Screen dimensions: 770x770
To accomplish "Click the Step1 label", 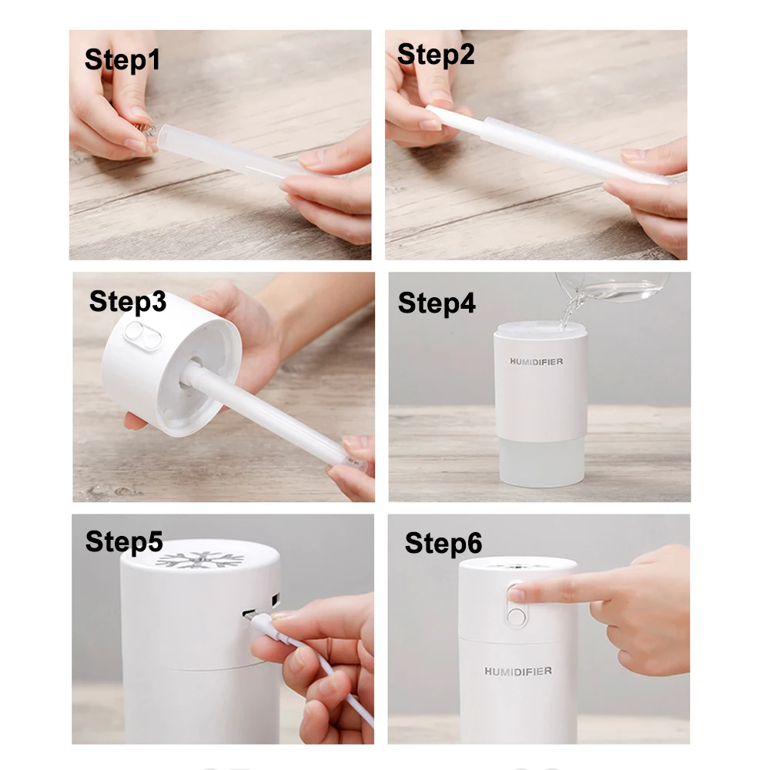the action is point(122,60).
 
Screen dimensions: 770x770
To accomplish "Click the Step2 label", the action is point(436,55).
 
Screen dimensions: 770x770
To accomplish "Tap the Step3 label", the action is point(128,302).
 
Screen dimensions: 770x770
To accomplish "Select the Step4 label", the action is point(437,303).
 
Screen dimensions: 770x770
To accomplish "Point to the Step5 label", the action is point(124,541).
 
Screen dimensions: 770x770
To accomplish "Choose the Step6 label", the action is point(444,543).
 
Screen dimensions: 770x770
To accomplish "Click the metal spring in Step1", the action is point(146,131).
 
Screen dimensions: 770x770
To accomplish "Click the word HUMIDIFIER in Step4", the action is point(536,362).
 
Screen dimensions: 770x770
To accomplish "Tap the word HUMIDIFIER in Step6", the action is point(518,671).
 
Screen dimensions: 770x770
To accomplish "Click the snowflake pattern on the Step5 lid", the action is point(200,559).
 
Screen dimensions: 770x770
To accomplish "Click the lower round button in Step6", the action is point(516,617).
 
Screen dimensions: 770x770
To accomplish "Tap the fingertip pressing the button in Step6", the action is point(517,593).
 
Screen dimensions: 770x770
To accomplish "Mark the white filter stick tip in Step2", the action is point(431,109).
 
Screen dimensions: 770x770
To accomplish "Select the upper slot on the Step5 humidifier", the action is point(276,600).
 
